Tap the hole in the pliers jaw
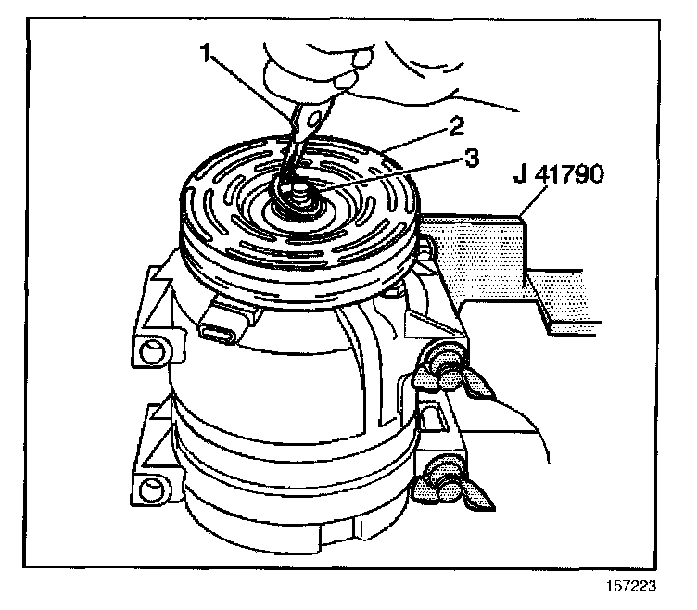click(x=315, y=119)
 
